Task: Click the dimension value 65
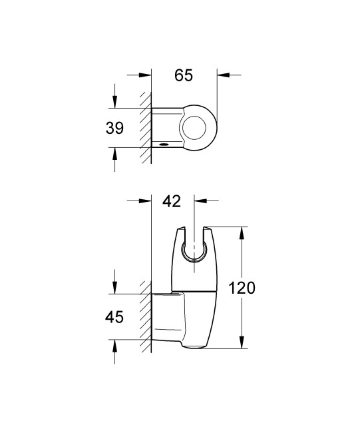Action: point(184,75)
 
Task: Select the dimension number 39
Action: point(115,129)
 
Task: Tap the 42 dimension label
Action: point(172,201)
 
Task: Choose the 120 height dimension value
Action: point(242,288)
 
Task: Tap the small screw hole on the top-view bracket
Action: point(163,143)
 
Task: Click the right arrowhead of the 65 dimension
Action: point(223,75)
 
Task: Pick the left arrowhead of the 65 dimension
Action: point(147,75)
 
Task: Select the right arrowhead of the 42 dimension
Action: point(200,200)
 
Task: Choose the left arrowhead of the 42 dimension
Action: point(147,200)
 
